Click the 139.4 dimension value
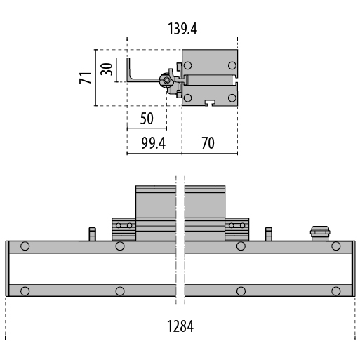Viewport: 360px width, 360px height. click(182, 29)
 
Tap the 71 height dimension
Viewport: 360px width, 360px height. click(86, 78)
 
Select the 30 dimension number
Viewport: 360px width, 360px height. click(107, 69)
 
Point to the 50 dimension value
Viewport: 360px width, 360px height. click(147, 119)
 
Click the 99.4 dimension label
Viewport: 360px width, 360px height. click(154, 143)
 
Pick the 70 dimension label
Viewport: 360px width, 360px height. click(208, 143)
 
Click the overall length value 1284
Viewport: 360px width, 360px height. click(180, 326)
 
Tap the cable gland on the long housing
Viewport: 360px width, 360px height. click(320, 233)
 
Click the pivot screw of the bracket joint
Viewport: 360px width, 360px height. click(166, 80)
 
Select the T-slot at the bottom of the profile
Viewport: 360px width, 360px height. click(211, 102)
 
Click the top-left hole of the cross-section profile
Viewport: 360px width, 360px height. click(187, 65)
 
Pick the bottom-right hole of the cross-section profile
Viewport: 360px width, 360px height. click(232, 98)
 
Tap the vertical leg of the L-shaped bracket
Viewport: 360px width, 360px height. click(128, 68)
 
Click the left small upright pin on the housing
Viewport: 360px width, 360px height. click(93, 234)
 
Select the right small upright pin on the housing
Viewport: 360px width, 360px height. click(269, 234)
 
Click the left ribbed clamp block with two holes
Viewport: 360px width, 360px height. click(124, 229)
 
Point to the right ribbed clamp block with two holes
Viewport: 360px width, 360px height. click(237, 229)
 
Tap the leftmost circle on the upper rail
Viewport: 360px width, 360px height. click(25, 246)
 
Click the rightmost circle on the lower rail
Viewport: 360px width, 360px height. click(336, 291)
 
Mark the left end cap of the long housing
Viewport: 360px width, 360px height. click(7, 269)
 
